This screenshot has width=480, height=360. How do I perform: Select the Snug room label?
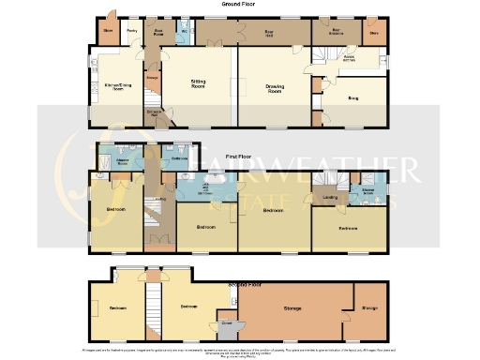[353, 96]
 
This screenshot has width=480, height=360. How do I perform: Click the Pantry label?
[132, 31]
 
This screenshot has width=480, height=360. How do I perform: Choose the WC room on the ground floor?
[184, 31]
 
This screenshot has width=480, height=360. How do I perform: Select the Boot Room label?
[159, 31]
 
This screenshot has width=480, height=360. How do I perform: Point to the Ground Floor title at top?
[239, 5]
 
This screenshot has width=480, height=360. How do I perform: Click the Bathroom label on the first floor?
[178, 158]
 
